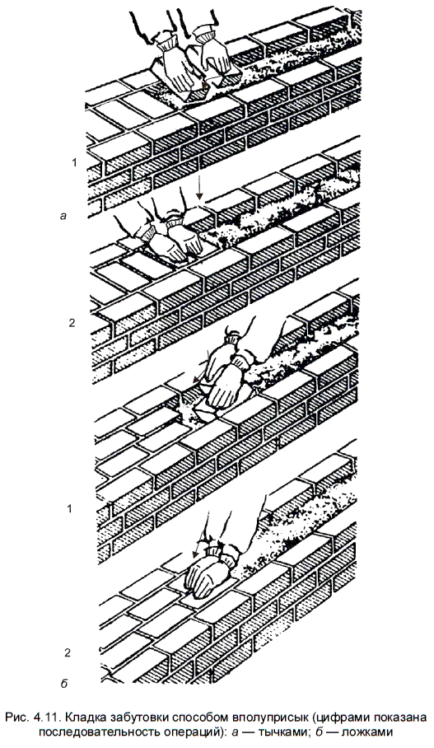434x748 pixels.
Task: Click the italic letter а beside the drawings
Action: tap(62, 216)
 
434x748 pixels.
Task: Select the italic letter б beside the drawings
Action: tap(64, 684)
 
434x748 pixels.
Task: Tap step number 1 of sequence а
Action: tap(74, 163)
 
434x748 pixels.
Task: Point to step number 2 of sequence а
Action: tap(72, 323)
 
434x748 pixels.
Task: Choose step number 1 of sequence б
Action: tap(70, 509)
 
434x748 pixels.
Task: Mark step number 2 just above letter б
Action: tap(68, 652)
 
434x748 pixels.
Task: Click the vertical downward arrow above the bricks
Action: tap(200, 185)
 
